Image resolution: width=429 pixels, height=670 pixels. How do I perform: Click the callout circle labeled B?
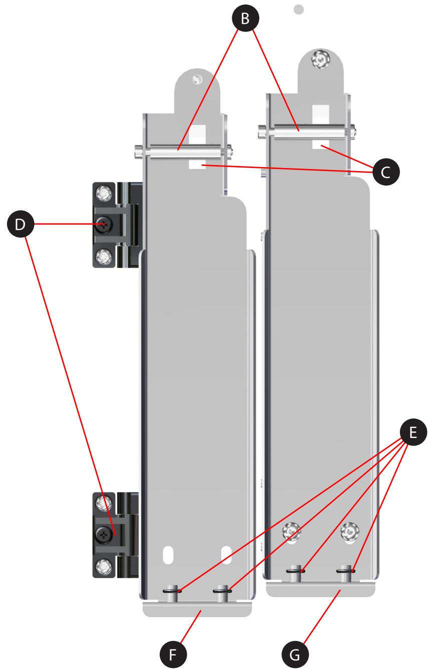(x=245, y=19)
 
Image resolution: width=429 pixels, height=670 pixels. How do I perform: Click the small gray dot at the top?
(x=299, y=9)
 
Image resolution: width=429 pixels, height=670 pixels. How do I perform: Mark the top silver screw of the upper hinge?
(x=104, y=192)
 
